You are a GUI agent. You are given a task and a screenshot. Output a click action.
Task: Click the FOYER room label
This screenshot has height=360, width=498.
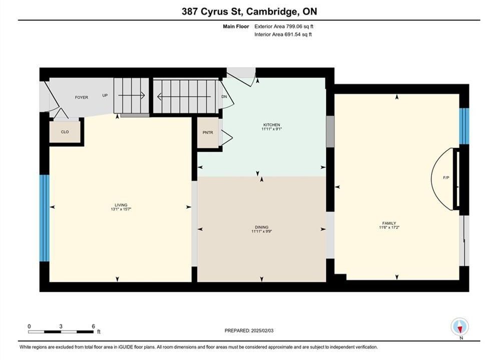tap(81, 97)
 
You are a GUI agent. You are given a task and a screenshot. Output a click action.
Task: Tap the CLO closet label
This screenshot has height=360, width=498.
tap(65, 132)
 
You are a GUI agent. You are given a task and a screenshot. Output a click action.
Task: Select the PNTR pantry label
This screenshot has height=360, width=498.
tap(208, 132)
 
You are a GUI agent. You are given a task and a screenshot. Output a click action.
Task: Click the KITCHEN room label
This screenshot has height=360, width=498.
tap(272, 125)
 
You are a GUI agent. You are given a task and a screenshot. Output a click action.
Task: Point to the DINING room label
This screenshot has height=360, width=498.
tap(262, 227)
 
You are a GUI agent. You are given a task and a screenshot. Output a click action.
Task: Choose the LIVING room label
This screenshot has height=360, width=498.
tap(121, 205)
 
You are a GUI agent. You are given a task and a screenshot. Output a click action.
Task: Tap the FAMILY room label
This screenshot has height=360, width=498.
tap(389, 223)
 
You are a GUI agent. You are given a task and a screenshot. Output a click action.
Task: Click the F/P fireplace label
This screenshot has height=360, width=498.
tap(446, 178)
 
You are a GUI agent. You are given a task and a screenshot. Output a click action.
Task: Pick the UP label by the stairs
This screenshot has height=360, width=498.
tap(105, 95)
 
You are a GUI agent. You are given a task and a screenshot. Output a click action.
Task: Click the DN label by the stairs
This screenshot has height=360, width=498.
tap(224, 96)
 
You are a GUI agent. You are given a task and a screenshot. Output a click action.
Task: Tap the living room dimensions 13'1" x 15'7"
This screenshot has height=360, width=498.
tap(121, 209)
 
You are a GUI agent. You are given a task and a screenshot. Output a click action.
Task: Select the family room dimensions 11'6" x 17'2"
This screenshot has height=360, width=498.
tap(389, 227)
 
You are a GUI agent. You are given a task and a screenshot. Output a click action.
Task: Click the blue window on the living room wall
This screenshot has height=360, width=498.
tap(45, 218)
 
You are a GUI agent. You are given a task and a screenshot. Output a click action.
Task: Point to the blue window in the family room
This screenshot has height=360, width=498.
tap(464, 126)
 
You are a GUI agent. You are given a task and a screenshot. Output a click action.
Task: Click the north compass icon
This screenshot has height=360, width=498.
tap(459, 326)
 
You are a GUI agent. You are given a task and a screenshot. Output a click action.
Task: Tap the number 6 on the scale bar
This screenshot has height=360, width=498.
tap(93, 326)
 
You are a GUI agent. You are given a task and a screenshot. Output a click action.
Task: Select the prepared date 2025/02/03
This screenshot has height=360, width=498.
tap(262, 330)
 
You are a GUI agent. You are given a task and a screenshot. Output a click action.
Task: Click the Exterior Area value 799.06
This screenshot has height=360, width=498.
tap(293, 26)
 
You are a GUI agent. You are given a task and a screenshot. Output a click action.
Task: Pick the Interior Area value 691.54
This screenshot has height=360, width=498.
tap(292, 34)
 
